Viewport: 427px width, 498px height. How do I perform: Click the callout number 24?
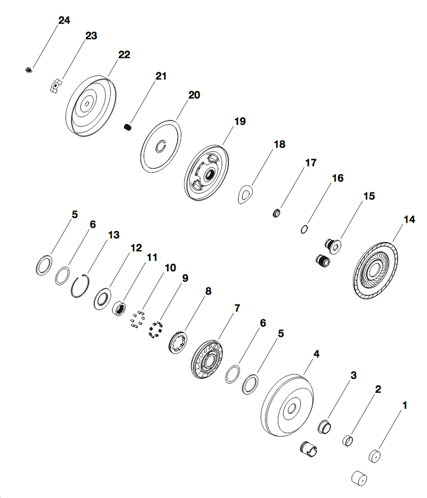(x=64, y=21)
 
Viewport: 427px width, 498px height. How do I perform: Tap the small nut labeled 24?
(x=29, y=70)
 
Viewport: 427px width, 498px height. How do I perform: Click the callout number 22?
(x=124, y=55)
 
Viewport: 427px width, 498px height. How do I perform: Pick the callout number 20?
(x=194, y=95)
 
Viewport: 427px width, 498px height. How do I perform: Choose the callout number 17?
(x=310, y=163)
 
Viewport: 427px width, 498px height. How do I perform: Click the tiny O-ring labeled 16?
(x=304, y=229)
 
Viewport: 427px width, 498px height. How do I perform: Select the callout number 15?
(x=369, y=196)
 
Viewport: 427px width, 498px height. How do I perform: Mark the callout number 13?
(x=114, y=235)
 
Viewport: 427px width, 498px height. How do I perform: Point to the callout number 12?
(x=137, y=248)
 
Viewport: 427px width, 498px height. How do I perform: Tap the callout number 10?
(x=170, y=267)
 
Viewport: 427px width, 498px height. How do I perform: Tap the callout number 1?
(x=404, y=404)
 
